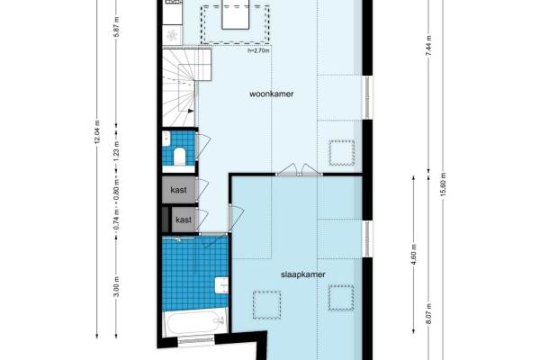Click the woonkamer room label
tap(272, 94)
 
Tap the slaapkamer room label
tap(303, 274)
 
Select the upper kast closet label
tap(178, 190)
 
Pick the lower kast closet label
tap(184, 220)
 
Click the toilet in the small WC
tap(179, 156)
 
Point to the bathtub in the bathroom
tap(194, 323)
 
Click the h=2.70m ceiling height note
tap(258, 50)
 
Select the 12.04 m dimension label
tap(97, 131)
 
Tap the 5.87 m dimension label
tap(117, 28)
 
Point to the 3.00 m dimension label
tap(117, 286)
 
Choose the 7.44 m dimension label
tap(428, 46)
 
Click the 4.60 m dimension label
tap(414, 254)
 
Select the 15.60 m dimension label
tap(443, 184)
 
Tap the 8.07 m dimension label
tap(428, 313)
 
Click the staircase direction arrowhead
tap(191, 111)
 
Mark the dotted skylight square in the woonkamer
tap(342, 153)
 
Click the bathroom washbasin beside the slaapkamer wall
tap(221, 285)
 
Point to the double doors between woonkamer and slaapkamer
tap(299, 170)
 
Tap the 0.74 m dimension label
tap(117, 220)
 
